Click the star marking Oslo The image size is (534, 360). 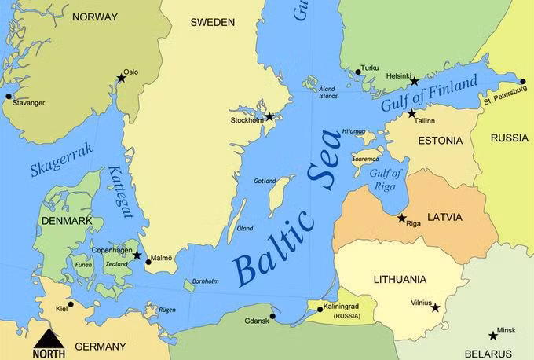(121, 78)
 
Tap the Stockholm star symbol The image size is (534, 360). (269, 116)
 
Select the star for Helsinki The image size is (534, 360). (414, 81)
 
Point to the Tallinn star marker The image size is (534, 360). (411, 114)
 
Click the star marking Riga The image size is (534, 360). (402, 218)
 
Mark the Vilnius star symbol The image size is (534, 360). (436, 307)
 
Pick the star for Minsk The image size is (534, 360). (493, 336)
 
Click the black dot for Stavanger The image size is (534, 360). (9, 97)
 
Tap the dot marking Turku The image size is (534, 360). (358, 72)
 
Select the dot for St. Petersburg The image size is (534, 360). (523, 81)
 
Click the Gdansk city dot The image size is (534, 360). (272, 316)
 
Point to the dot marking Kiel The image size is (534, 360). (71, 304)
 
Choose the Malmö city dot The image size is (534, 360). (148, 262)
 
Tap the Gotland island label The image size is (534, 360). (265, 181)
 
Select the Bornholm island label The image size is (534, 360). (205, 281)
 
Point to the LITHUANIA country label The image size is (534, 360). (400, 279)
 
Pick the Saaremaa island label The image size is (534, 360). (367, 159)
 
